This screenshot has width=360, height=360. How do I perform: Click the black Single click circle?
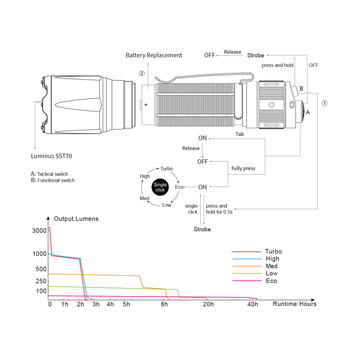coord(160,187)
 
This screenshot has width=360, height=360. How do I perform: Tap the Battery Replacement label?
coord(154,55)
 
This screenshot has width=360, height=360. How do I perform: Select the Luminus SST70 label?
coord(51,156)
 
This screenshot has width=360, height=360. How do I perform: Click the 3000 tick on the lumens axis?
coord(39,230)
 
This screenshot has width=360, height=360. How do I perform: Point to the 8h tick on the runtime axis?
coord(164,304)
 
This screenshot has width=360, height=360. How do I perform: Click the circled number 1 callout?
coord(324,103)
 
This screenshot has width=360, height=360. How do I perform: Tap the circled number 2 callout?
coord(142,73)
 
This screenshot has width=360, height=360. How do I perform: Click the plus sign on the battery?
coord(146,105)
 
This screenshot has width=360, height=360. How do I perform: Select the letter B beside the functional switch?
coord(301,89)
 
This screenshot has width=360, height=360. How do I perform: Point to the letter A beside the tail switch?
coord(308,112)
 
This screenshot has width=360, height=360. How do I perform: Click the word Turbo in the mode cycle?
coord(166,169)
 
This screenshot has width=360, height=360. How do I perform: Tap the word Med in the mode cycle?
coord(144,198)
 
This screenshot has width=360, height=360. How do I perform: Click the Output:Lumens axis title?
coord(76,219)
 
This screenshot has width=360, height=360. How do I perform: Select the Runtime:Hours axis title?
coord(295,304)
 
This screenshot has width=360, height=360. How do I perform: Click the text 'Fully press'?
coord(243,168)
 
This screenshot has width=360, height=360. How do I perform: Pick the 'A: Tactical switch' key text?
coord(49,174)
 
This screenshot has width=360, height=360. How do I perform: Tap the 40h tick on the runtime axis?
coord(252,304)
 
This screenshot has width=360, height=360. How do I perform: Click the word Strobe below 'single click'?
coord(202,229)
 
